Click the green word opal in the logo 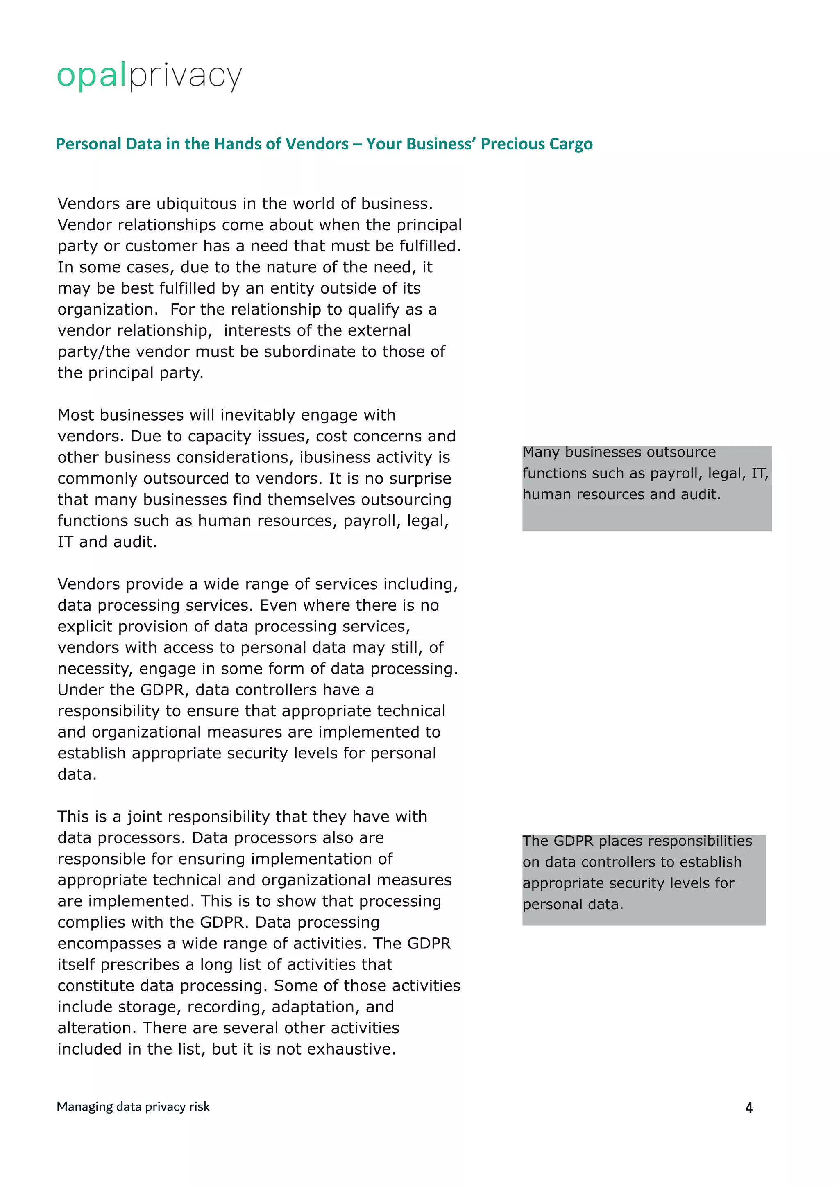(x=91, y=75)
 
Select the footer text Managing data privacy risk (x=133, y=1107)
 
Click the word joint (x=145, y=817)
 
